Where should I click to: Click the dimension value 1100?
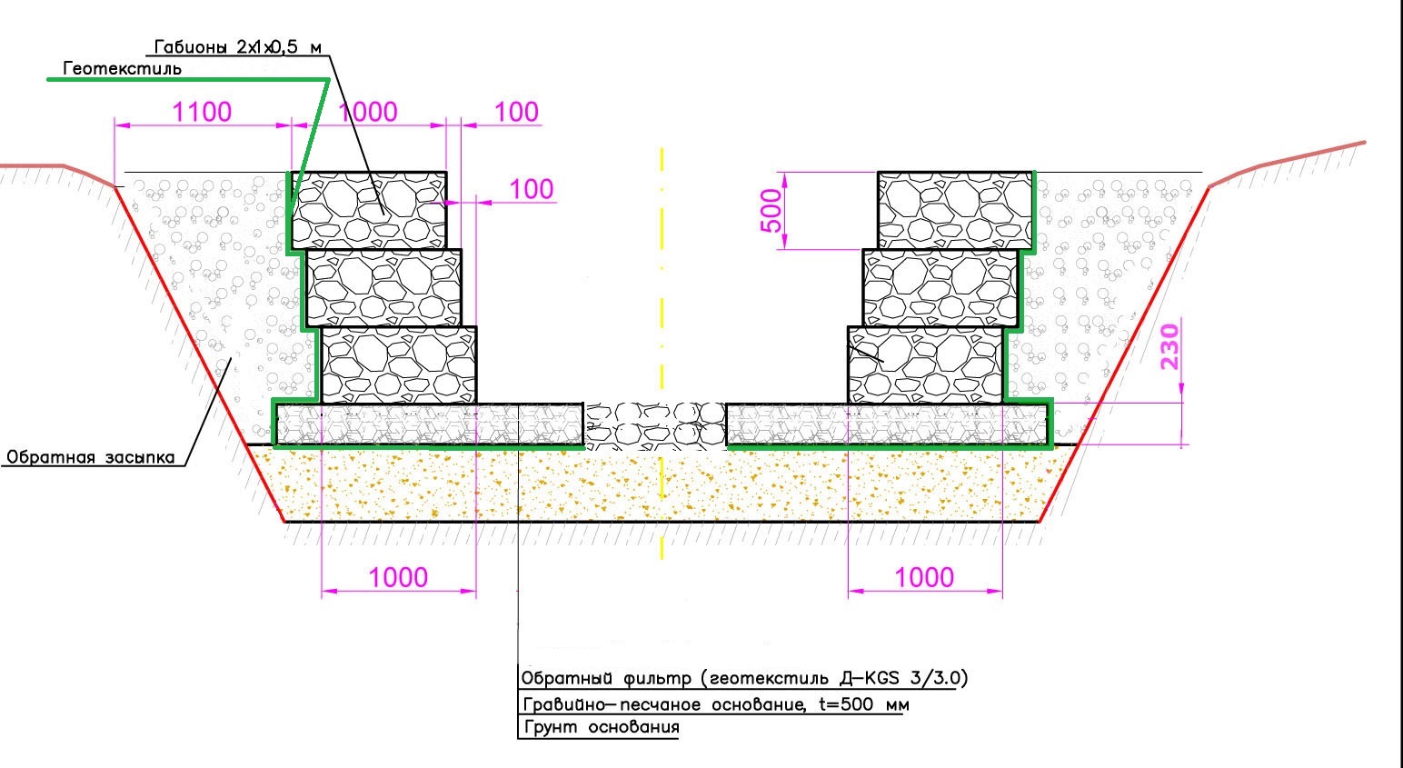point(202,112)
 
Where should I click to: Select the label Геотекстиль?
point(122,68)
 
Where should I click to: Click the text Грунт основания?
point(601,728)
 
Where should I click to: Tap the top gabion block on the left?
point(368,209)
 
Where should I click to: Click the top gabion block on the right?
point(955,209)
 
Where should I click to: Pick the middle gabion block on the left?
point(384,287)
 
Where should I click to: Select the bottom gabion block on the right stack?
point(926,364)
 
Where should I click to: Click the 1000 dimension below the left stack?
point(398,577)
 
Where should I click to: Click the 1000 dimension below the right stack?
point(924,577)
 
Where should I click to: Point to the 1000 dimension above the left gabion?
point(368,112)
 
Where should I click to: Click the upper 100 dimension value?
point(516,112)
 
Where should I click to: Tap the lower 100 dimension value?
point(531,189)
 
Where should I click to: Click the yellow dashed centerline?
point(662,273)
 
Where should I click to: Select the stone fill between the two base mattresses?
point(654,425)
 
